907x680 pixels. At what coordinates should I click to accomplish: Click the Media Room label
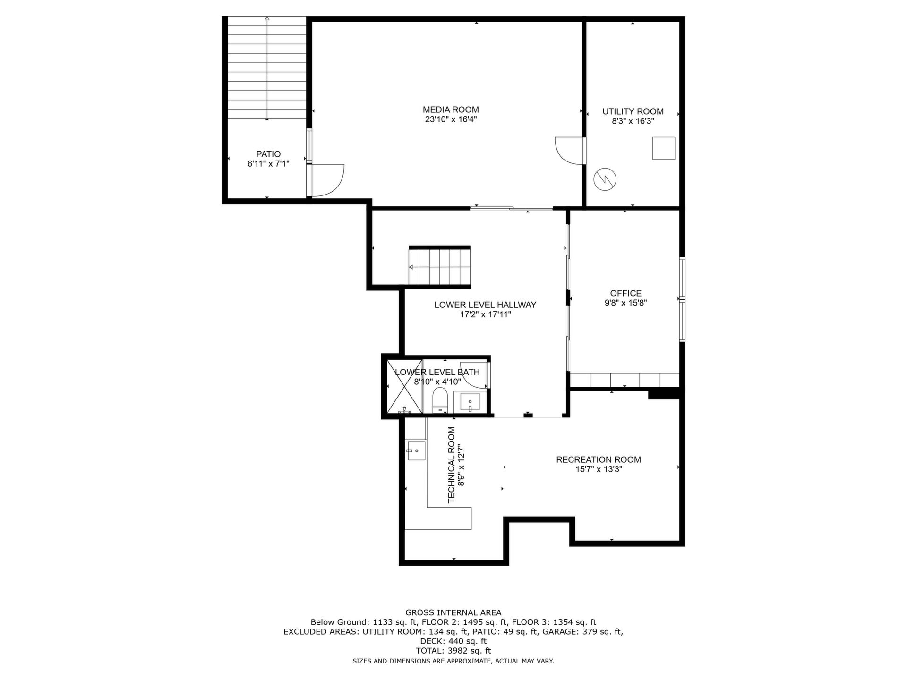tap(451, 110)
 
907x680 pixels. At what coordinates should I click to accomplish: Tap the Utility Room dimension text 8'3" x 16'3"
tap(633, 121)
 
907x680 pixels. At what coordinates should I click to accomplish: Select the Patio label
tap(268, 154)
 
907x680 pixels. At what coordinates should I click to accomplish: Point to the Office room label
tap(625, 293)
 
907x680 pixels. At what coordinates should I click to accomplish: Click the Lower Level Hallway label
tap(485, 305)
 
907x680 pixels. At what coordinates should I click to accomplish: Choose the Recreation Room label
tap(599, 459)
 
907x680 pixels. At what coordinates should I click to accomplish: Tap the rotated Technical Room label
tap(452, 465)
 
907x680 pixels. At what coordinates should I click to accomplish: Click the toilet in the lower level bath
tap(440, 400)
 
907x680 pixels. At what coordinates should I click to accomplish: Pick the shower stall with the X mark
tap(404, 386)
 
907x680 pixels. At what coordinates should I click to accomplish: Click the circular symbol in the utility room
tap(605, 179)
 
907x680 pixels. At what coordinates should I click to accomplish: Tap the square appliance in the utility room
tap(664, 148)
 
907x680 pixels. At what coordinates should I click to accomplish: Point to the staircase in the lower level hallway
tap(440, 267)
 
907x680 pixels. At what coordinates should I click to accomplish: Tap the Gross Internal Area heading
tap(453, 613)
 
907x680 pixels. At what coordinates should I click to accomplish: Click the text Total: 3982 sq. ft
tap(453, 651)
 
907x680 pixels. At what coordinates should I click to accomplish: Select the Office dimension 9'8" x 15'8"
tap(625, 303)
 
